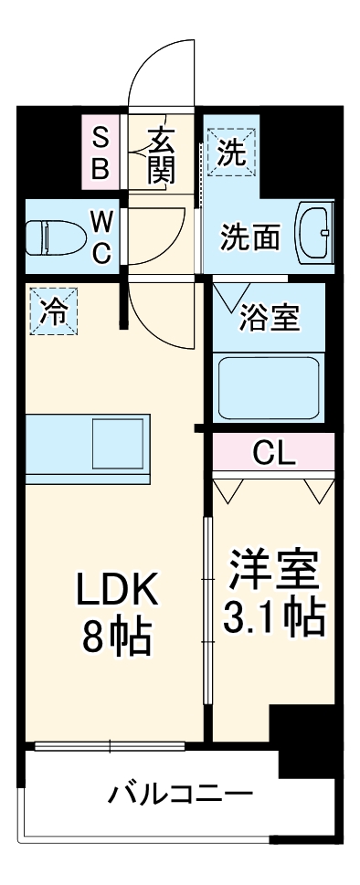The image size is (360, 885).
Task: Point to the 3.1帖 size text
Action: point(273,618)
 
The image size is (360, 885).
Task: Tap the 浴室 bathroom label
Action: point(269,319)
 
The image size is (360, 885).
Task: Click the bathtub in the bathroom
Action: point(268,386)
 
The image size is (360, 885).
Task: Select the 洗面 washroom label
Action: point(249,237)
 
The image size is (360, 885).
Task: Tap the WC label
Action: point(101,237)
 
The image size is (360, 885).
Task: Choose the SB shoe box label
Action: point(101,153)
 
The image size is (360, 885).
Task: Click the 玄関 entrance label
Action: point(161,155)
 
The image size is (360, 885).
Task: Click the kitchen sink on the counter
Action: point(116,444)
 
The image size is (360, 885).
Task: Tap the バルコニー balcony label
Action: point(179,793)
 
